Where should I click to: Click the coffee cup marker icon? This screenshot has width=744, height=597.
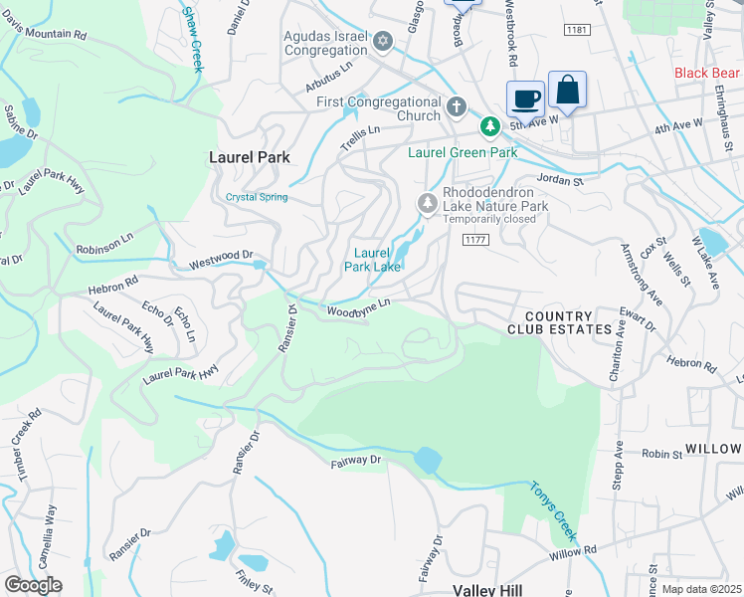pyautogui.click(x=525, y=98)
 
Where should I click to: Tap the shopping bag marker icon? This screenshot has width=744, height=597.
pyautogui.click(x=567, y=90)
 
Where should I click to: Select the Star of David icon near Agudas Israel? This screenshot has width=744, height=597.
pyautogui.click(x=384, y=42)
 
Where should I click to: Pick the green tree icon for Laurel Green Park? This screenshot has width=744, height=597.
pyautogui.click(x=489, y=127)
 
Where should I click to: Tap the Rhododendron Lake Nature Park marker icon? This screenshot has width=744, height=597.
pyautogui.click(x=428, y=203)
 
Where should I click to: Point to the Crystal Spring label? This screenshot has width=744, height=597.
pyautogui.click(x=257, y=197)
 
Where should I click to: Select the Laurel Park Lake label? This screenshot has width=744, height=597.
pyautogui.click(x=373, y=260)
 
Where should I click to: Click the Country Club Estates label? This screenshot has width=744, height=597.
pyautogui.click(x=559, y=321)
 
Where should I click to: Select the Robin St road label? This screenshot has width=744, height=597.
pyautogui.click(x=661, y=453)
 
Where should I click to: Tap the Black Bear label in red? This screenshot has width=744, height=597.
pyautogui.click(x=707, y=73)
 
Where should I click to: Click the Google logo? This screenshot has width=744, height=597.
pyautogui.click(x=33, y=585)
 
